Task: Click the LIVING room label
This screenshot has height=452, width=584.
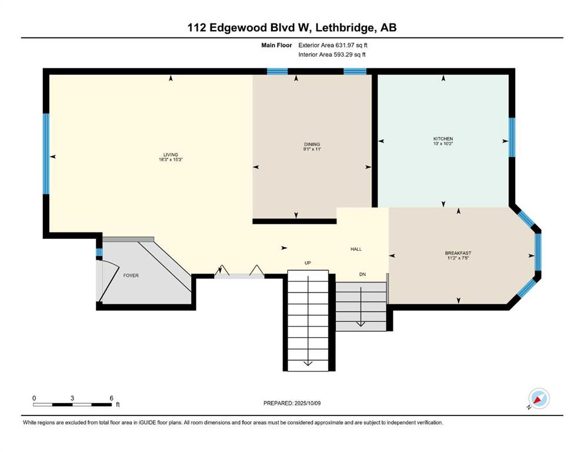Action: click(171, 155)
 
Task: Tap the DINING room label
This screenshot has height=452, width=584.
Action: click(312, 144)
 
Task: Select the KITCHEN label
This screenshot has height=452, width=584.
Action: click(443, 139)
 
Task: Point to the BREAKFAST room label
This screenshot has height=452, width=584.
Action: click(458, 253)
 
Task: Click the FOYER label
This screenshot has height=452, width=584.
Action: click(131, 275)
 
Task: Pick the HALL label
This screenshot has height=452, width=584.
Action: click(356, 249)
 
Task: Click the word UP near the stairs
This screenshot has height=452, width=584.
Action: click(308, 262)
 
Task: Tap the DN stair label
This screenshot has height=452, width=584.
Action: click(362, 274)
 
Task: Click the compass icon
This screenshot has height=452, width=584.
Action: click(539, 398)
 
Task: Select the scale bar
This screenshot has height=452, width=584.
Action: click(72, 404)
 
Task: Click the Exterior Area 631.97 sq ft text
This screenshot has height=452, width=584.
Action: click(333, 45)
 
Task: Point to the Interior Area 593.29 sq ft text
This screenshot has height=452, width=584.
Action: click(332, 54)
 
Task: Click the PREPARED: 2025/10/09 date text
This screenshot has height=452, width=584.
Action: click(292, 403)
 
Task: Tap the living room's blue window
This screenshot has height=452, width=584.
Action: click(46, 154)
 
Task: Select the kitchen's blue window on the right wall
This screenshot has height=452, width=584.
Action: click(512, 137)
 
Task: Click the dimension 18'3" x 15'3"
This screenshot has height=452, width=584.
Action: click(171, 159)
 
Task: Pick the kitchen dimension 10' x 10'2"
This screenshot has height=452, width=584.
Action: click(443, 144)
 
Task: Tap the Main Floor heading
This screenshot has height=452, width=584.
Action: click(276, 45)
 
